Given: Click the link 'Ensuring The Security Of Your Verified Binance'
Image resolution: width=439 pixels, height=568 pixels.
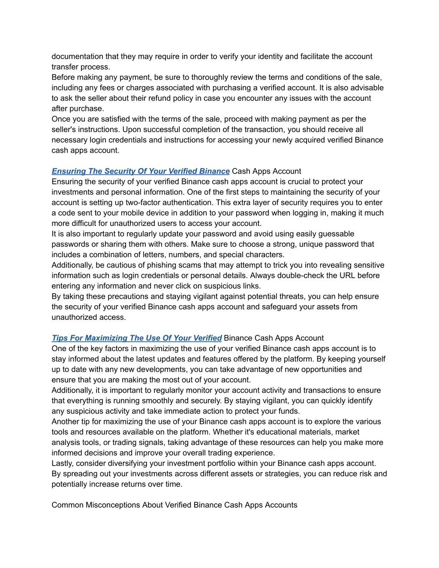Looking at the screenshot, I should pyautogui.click(x=141, y=171).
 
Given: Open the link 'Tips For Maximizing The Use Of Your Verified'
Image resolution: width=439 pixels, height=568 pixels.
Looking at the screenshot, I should pyautogui.click(x=137, y=338).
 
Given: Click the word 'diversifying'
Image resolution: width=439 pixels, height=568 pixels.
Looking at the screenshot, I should pyautogui.click(x=145, y=463).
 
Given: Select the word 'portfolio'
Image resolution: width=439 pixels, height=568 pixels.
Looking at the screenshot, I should pyautogui.click(x=217, y=463).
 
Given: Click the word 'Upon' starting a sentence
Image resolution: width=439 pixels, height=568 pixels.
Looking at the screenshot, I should pyautogui.click(x=131, y=129).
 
